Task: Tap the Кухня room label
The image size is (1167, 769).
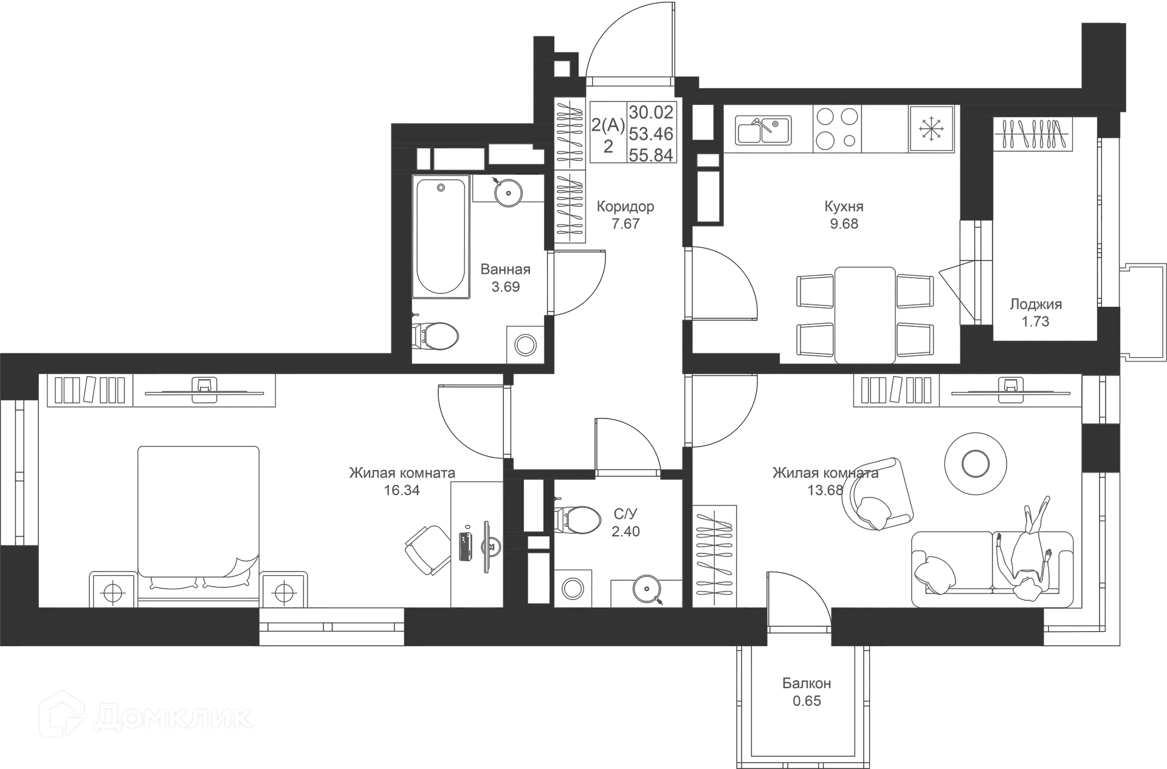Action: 843,207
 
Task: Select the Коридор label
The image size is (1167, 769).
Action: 625,207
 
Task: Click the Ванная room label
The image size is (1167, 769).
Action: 506,269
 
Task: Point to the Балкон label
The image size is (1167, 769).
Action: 807,684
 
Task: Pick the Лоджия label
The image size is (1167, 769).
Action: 1035,304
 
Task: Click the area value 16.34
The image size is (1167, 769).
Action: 401,490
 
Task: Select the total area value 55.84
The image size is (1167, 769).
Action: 651,155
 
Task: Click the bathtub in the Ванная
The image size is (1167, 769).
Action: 441,237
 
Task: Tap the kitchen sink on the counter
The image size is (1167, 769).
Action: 764,130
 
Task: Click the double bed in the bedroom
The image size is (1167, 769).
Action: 198,516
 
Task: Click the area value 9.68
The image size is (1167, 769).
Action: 844,224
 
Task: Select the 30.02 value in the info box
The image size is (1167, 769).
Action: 651,112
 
